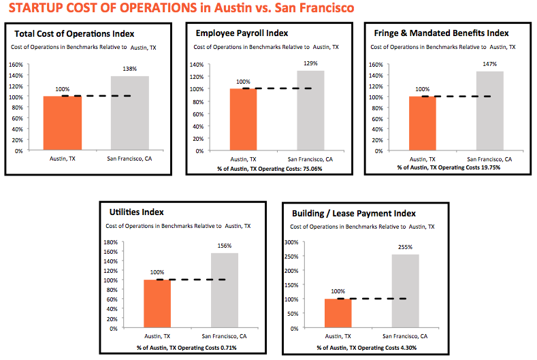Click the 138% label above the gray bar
129,69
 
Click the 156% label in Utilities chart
224,246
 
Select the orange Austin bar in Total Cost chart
62,123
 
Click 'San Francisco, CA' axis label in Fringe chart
490,159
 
